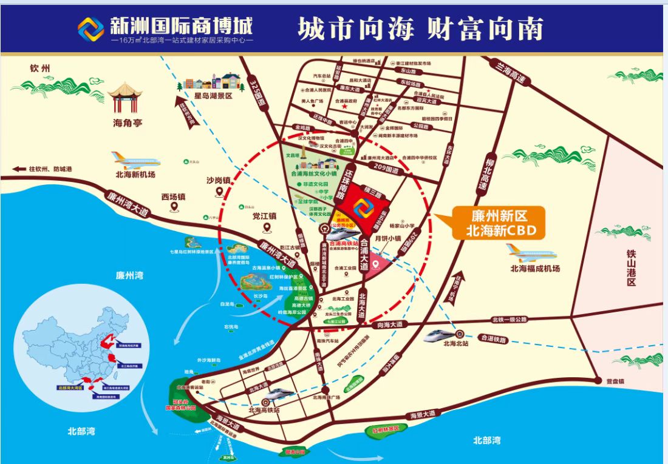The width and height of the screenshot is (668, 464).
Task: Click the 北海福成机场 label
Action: [x=534, y=269]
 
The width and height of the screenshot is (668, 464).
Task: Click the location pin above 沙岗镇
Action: [x=218, y=192]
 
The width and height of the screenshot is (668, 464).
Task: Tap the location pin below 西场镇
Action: [x=174, y=208]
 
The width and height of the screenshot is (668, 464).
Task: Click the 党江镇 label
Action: [x=265, y=215]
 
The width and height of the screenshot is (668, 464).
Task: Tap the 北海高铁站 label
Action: [x=264, y=410]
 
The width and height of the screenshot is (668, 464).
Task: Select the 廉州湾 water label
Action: [x=130, y=275]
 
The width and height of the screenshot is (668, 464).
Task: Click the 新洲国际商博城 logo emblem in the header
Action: [x=90, y=29]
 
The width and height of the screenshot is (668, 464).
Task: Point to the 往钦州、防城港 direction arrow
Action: [x=21, y=169]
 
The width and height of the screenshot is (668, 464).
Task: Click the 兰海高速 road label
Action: [x=509, y=72]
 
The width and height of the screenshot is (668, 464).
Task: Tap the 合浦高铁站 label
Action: [x=343, y=243]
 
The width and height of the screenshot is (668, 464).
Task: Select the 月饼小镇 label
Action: [x=390, y=238]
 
